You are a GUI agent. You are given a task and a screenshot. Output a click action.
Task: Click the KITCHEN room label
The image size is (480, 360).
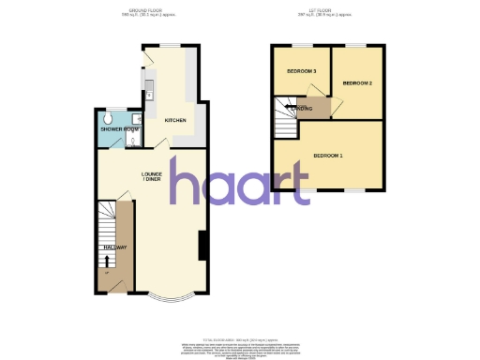tap(175, 121)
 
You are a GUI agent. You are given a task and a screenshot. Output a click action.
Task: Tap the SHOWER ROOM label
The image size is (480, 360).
tap(119, 128)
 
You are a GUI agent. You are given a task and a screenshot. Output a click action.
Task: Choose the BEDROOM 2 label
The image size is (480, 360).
tap(357, 83)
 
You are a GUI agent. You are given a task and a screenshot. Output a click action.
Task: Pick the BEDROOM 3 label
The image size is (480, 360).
tap(302, 72)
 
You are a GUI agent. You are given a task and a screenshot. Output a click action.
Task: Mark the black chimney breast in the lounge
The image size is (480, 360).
tap(202, 246)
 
